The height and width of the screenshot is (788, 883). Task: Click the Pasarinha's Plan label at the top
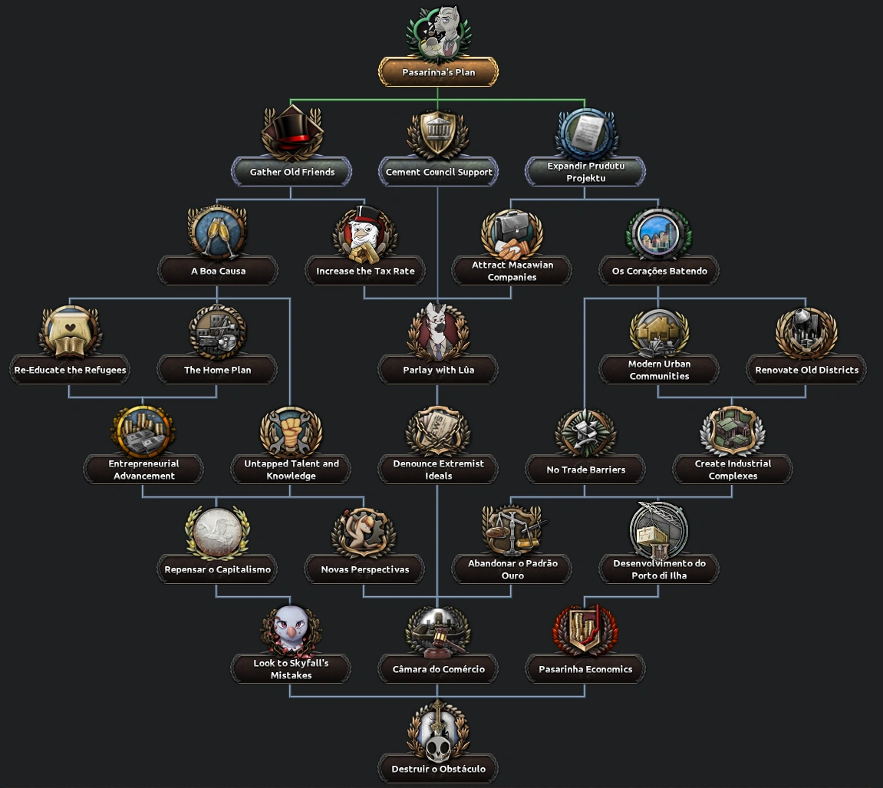click(438, 73)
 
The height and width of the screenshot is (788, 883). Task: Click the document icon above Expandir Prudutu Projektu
click(585, 133)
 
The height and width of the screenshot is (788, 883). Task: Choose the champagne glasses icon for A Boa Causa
click(216, 232)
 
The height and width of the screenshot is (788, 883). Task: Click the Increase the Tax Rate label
click(364, 271)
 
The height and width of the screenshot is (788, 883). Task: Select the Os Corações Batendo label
click(659, 271)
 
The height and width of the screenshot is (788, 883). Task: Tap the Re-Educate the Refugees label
click(70, 370)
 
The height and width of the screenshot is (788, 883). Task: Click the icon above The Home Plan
click(216, 332)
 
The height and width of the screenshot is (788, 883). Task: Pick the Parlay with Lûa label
click(438, 370)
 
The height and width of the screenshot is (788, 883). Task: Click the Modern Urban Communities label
click(659, 370)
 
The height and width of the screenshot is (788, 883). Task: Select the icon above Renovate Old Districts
click(806, 332)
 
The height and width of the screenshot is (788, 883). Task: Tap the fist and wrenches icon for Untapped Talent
click(290, 432)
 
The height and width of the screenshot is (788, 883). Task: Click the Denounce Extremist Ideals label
click(438, 470)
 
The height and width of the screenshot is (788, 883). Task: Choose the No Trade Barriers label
click(585, 470)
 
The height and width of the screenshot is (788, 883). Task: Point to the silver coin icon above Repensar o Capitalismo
click(217, 532)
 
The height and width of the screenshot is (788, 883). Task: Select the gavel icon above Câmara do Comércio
click(438, 631)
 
